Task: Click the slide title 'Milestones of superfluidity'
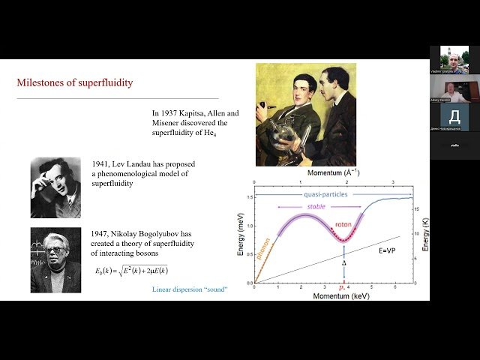point(74,82)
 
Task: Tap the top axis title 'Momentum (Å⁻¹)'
point(327,172)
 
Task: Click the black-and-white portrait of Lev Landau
point(55,187)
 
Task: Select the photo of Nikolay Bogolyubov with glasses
point(55,259)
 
